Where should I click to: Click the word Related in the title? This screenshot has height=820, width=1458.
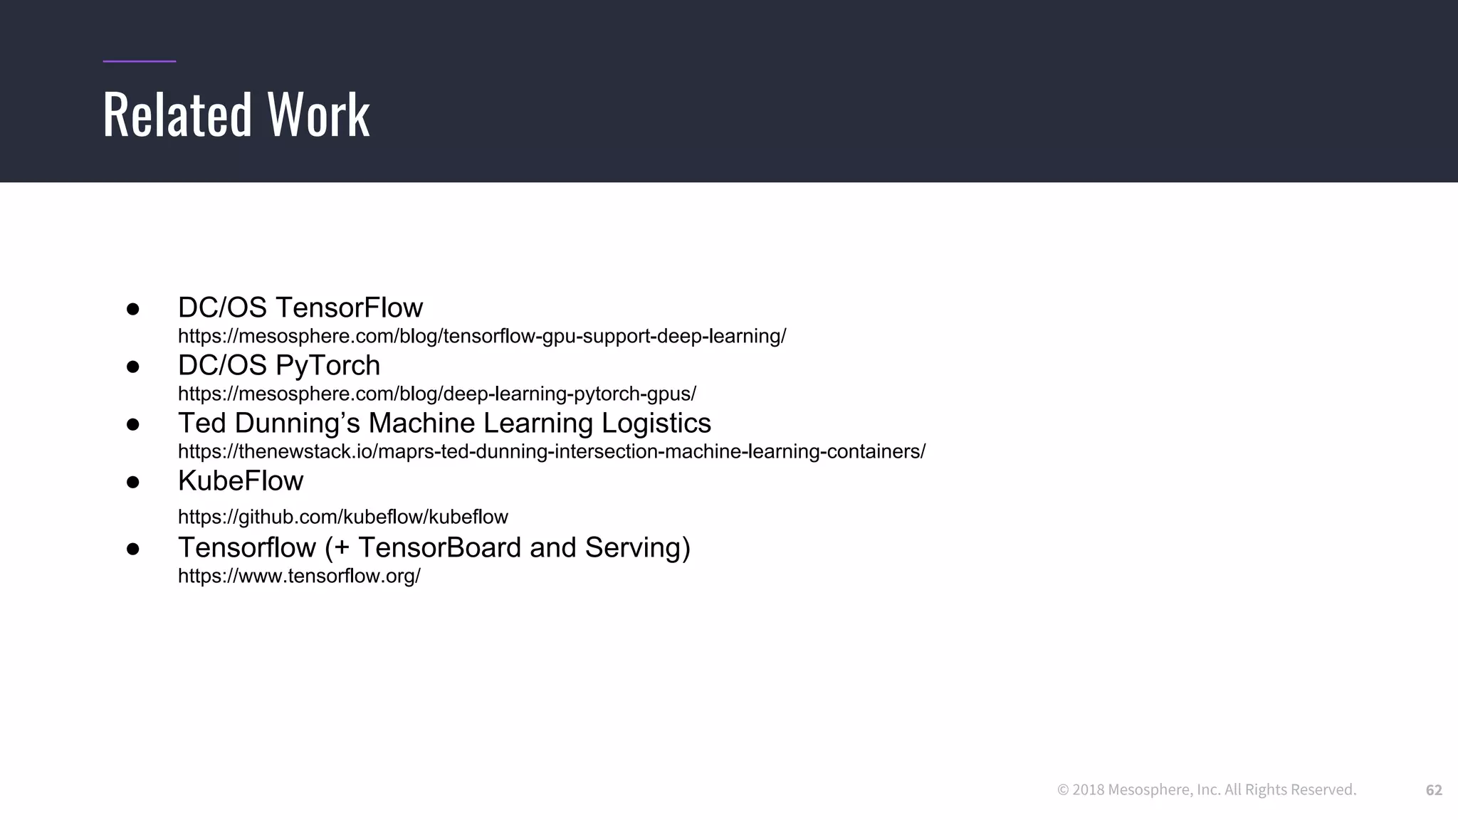[177, 115]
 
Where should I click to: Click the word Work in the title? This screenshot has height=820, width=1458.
[318, 115]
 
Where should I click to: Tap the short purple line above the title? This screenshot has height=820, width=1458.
[139, 61]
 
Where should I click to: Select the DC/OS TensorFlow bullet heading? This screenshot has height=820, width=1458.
[300, 307]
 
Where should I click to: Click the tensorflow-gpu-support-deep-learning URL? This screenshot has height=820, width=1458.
[481, 336]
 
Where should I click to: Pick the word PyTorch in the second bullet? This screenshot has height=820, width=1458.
[327, 366]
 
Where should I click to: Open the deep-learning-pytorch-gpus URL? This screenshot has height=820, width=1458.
[436, 394]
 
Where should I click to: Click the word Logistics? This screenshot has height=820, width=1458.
[656, 423]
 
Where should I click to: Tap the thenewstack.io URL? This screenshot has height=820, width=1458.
[551, 451]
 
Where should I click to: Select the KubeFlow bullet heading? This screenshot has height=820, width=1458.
[240, 481]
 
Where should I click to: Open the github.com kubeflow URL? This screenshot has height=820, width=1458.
[342, 517]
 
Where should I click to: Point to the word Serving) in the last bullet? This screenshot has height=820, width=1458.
[637, 547]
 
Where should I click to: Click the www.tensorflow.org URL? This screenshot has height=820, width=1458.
[299, 576]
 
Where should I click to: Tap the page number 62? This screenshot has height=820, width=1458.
[1433, 790]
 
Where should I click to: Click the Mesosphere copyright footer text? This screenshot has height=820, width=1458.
[1206, 790]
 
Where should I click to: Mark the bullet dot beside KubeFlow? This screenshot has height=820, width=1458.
[132, 483]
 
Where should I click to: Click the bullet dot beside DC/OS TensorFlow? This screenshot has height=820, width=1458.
[132, 309]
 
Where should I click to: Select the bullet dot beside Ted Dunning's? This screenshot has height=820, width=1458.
[132, 425]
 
